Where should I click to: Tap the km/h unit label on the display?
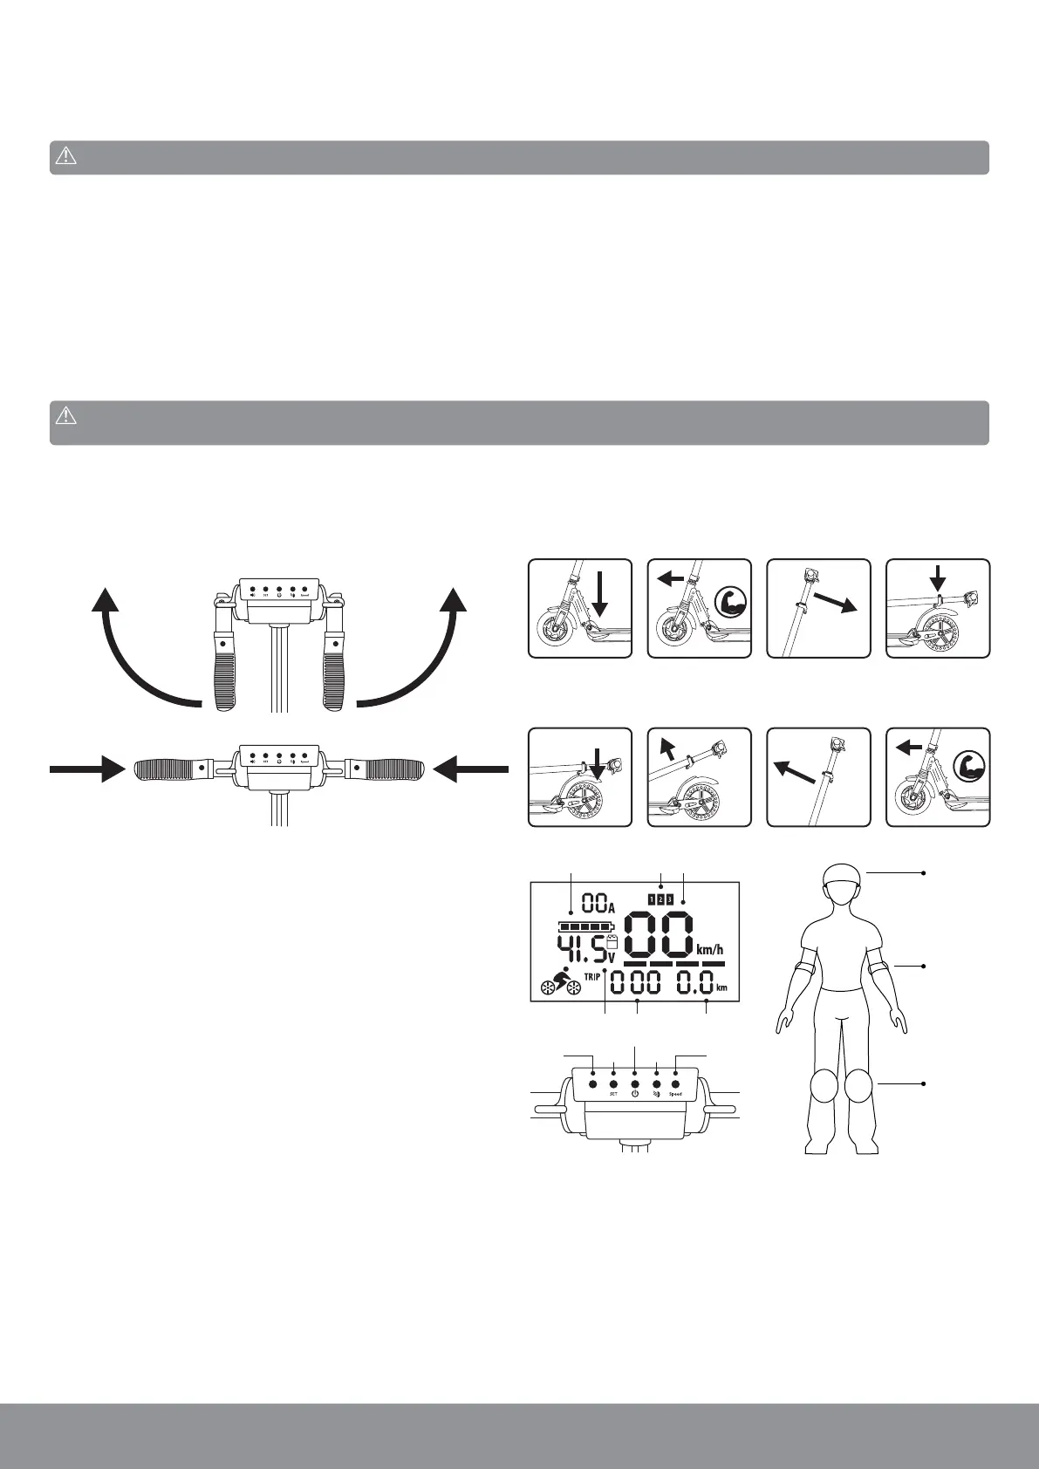(710, 949)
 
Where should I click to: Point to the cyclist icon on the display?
(561, 982)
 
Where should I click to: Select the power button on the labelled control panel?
(635, 1084)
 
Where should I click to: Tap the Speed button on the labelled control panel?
(676, 1084)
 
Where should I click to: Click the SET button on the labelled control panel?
(613, 1084)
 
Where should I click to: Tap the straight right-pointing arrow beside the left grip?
(87, 769)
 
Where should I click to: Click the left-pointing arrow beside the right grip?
(471, 769)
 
